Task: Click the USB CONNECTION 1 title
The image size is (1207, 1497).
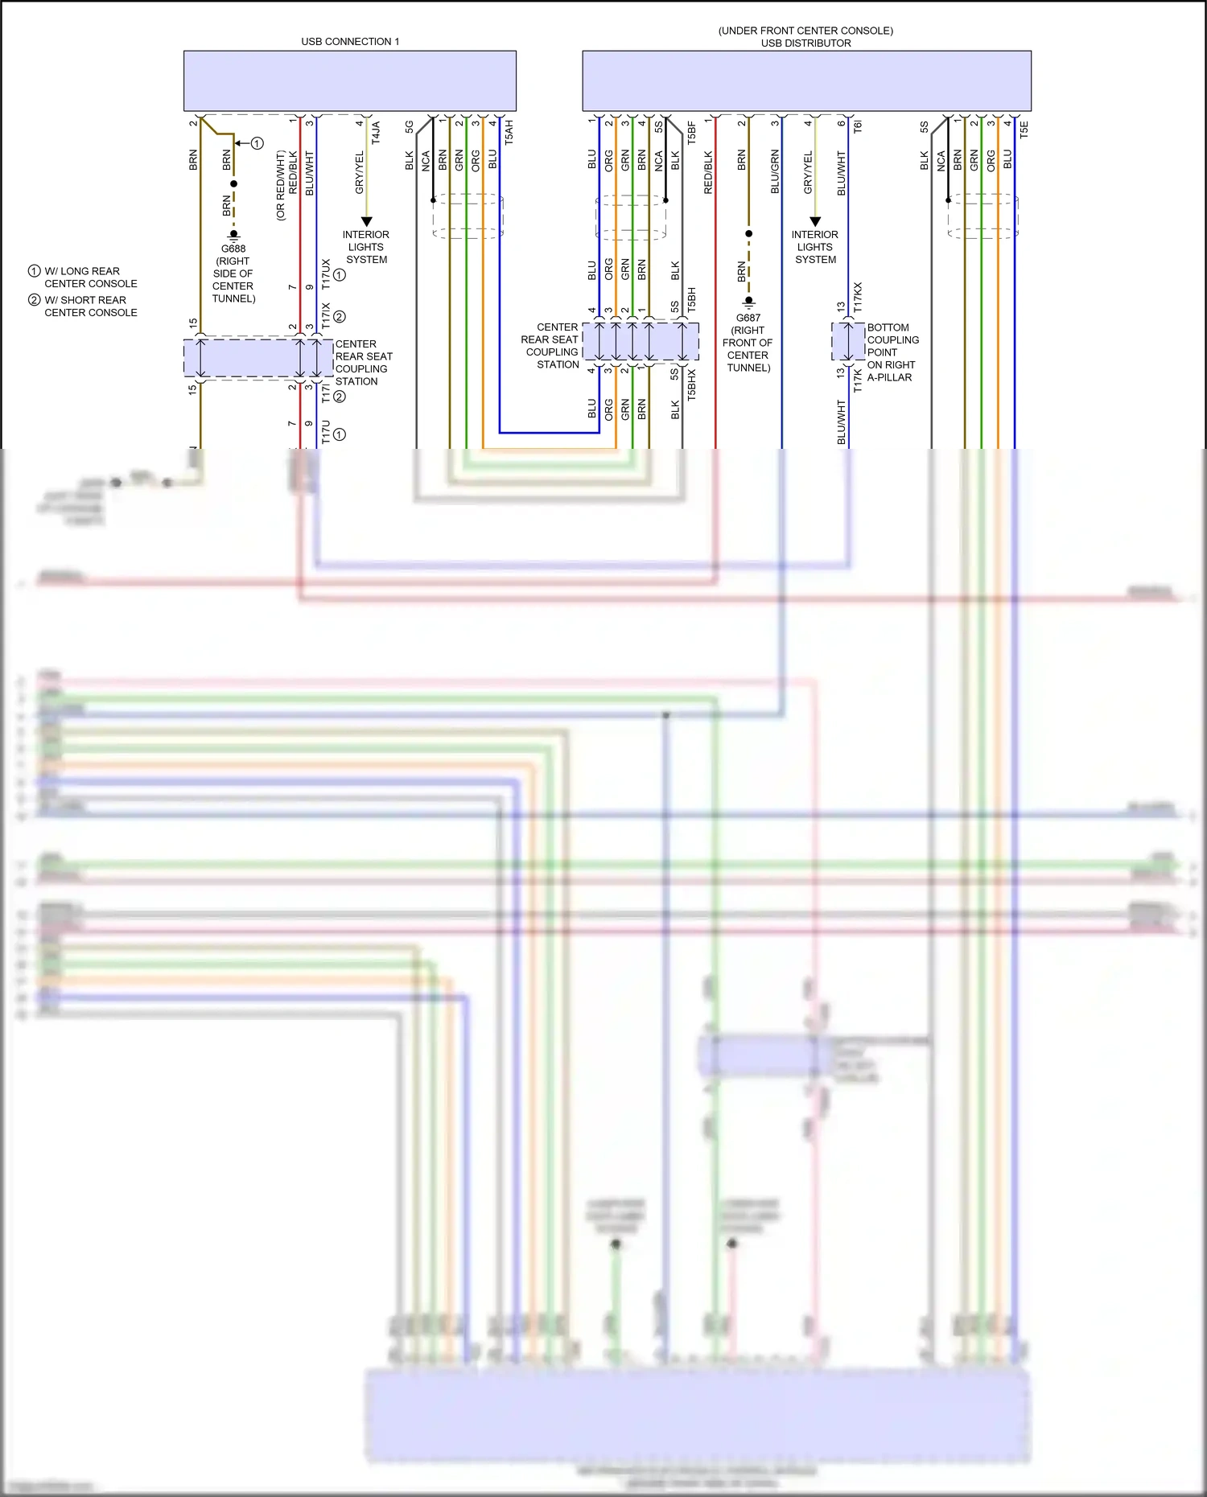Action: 350,41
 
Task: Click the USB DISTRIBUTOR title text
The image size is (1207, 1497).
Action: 805,43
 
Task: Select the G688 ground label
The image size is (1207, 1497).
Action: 233,249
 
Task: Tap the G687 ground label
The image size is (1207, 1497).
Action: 748,318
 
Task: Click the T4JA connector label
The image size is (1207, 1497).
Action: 376,132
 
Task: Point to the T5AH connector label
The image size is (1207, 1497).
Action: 509,132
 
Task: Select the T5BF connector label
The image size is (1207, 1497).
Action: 691,132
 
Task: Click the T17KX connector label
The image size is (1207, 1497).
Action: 858,297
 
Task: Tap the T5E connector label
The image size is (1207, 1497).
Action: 1024,130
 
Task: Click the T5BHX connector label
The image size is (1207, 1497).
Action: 691,385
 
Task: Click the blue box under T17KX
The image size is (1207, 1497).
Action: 847,342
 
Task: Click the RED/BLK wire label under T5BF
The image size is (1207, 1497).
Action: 708,172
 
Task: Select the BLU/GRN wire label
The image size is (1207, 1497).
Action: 775,171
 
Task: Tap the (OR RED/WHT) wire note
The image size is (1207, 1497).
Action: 280,186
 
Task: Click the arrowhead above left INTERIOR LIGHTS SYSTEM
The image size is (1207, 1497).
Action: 367,221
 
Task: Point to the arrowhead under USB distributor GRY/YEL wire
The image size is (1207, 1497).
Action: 815,221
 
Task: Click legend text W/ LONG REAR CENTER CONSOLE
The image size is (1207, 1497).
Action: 90,278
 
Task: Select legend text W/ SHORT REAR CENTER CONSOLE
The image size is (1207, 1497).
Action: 90,306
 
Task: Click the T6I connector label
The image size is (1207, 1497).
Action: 858,126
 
